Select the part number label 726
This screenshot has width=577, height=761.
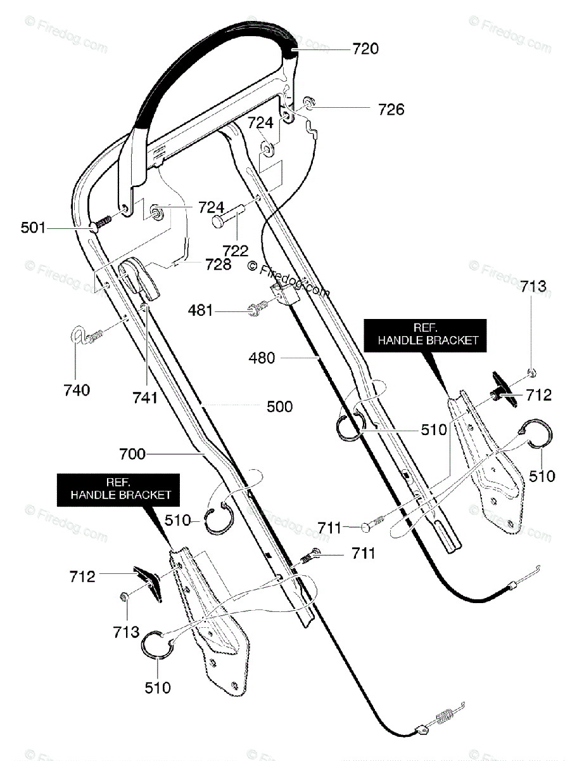(391, 110)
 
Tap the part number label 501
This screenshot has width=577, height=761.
(33, 226)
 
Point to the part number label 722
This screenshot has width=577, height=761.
(236, 250)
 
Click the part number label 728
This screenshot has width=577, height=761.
(218, 264)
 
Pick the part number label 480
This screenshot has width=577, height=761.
(262, 358)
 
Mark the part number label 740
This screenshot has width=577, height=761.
(77, 390)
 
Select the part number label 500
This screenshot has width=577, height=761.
(279, 407)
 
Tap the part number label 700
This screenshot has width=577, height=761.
(132, 453)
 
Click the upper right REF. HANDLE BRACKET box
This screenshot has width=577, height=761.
(428, 334)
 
